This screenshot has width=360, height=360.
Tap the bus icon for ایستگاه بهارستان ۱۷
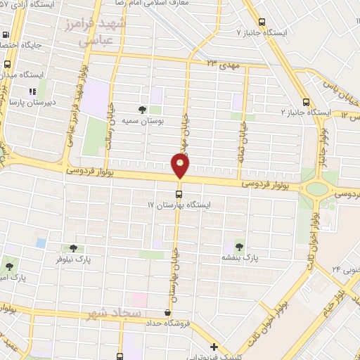click(x=179, y=193)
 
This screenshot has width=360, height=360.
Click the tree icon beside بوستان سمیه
click(x=142, y=110)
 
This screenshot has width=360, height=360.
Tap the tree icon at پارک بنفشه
click(x=239, y=247)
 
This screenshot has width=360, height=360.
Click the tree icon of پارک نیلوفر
click(x=72, y=248)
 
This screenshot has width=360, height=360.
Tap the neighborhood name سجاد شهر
click(x=115, y=311)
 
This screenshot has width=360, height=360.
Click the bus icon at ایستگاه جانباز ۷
click(x=263, y=22)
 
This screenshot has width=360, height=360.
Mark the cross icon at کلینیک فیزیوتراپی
click(x=214, y=346)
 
